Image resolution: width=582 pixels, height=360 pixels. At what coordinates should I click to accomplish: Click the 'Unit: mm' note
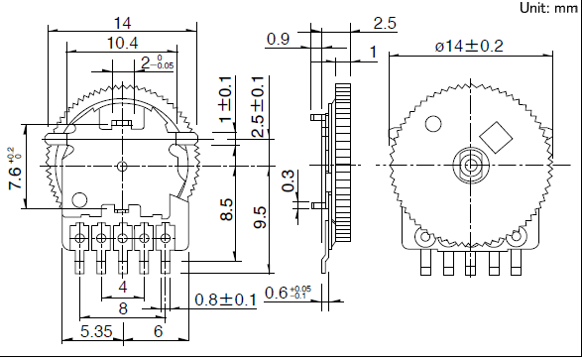548,8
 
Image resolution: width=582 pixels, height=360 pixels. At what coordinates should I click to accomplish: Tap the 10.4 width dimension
123,43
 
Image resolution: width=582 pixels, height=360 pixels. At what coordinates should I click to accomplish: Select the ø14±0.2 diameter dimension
469,46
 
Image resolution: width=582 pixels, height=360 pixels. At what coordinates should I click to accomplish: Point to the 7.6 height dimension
15,168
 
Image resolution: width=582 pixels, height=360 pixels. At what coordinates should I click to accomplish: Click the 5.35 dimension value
96,331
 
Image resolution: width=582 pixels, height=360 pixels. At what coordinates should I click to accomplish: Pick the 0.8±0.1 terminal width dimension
226,300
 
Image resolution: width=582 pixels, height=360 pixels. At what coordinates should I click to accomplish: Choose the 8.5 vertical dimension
227,209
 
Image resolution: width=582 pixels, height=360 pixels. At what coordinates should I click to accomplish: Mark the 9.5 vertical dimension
260,217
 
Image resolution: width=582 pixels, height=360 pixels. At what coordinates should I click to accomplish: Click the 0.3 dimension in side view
288,180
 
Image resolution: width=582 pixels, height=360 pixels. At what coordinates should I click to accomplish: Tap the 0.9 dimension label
278,39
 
